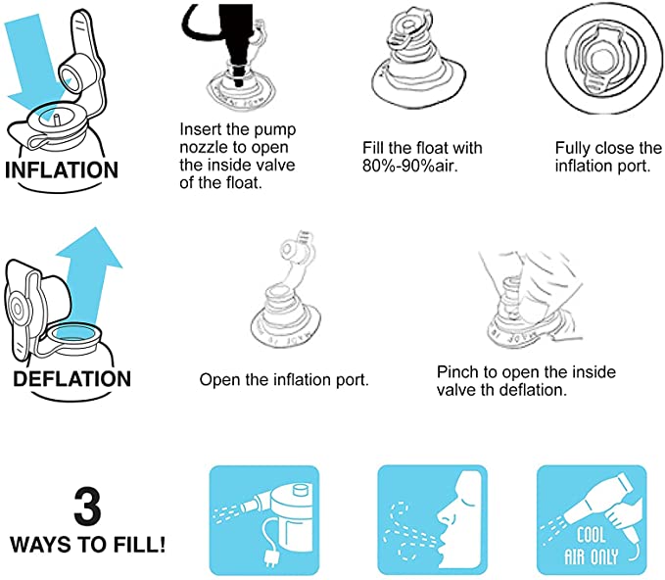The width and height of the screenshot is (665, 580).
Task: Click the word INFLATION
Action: tap(62, 169)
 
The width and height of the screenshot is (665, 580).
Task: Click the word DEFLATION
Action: tap(72, 378)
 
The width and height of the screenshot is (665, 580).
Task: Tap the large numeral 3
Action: tap(87, 507)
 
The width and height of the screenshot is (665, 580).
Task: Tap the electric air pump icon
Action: tap(264, 520)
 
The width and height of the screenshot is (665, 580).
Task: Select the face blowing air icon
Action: tap(432, 520)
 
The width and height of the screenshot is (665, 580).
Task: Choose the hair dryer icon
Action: tap(592, 520)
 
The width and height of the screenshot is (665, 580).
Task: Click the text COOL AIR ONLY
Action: tap(591, 547)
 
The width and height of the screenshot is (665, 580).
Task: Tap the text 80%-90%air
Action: tap(410, 166)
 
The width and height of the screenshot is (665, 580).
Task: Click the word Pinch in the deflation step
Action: tap(458, 372)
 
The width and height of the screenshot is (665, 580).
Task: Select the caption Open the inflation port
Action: tap(284, 380)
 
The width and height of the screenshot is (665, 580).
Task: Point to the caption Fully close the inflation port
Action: tap(608, 157)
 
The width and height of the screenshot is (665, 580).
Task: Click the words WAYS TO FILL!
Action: tap(88, 545)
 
